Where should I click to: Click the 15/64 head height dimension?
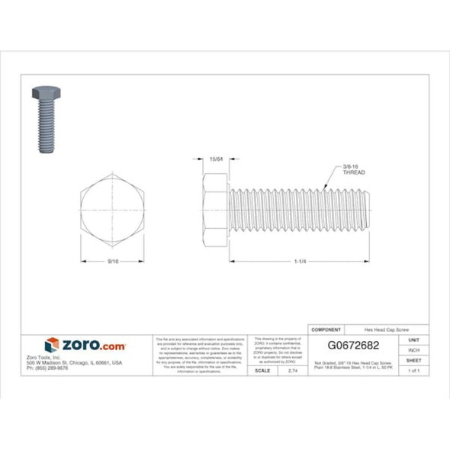(x=215, y=161)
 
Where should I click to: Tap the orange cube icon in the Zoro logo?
(x=52, y=345)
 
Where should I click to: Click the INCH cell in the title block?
(x=414, y=349)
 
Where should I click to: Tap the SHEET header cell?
(x=414, y=359)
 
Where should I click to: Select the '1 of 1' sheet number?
(x=414, y=370)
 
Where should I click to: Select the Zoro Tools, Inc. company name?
(x=44, y=357)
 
